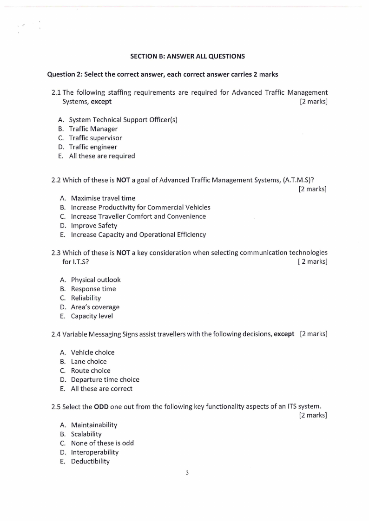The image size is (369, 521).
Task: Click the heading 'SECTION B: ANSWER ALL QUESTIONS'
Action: (187, 56)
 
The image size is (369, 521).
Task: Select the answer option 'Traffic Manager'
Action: (93, 129)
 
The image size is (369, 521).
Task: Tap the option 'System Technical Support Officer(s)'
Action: (123, 120)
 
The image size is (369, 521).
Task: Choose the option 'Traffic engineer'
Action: (93, 147)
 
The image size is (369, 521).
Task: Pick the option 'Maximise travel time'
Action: (103, 198)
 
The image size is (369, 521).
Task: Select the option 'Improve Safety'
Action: (94, 226)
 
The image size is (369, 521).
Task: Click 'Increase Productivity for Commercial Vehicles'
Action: (140, 207)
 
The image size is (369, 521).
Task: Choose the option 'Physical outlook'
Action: (95, 280)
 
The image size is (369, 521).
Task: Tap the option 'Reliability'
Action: (86, 298)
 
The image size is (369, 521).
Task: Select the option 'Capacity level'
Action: (92, 316)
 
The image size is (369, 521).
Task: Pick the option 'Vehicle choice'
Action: (92, 352)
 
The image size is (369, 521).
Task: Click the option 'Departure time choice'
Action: (105, 379)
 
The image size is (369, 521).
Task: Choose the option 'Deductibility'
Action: (90, 461)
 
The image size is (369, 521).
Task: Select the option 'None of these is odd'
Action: (102, 443)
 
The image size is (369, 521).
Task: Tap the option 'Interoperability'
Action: (94, 452)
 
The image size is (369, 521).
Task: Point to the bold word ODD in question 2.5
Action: (101, 406)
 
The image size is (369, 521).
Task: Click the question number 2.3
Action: (56, 253)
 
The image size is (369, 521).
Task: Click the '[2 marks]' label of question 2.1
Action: (314, 102)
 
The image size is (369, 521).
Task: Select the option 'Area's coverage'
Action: (95, 307)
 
